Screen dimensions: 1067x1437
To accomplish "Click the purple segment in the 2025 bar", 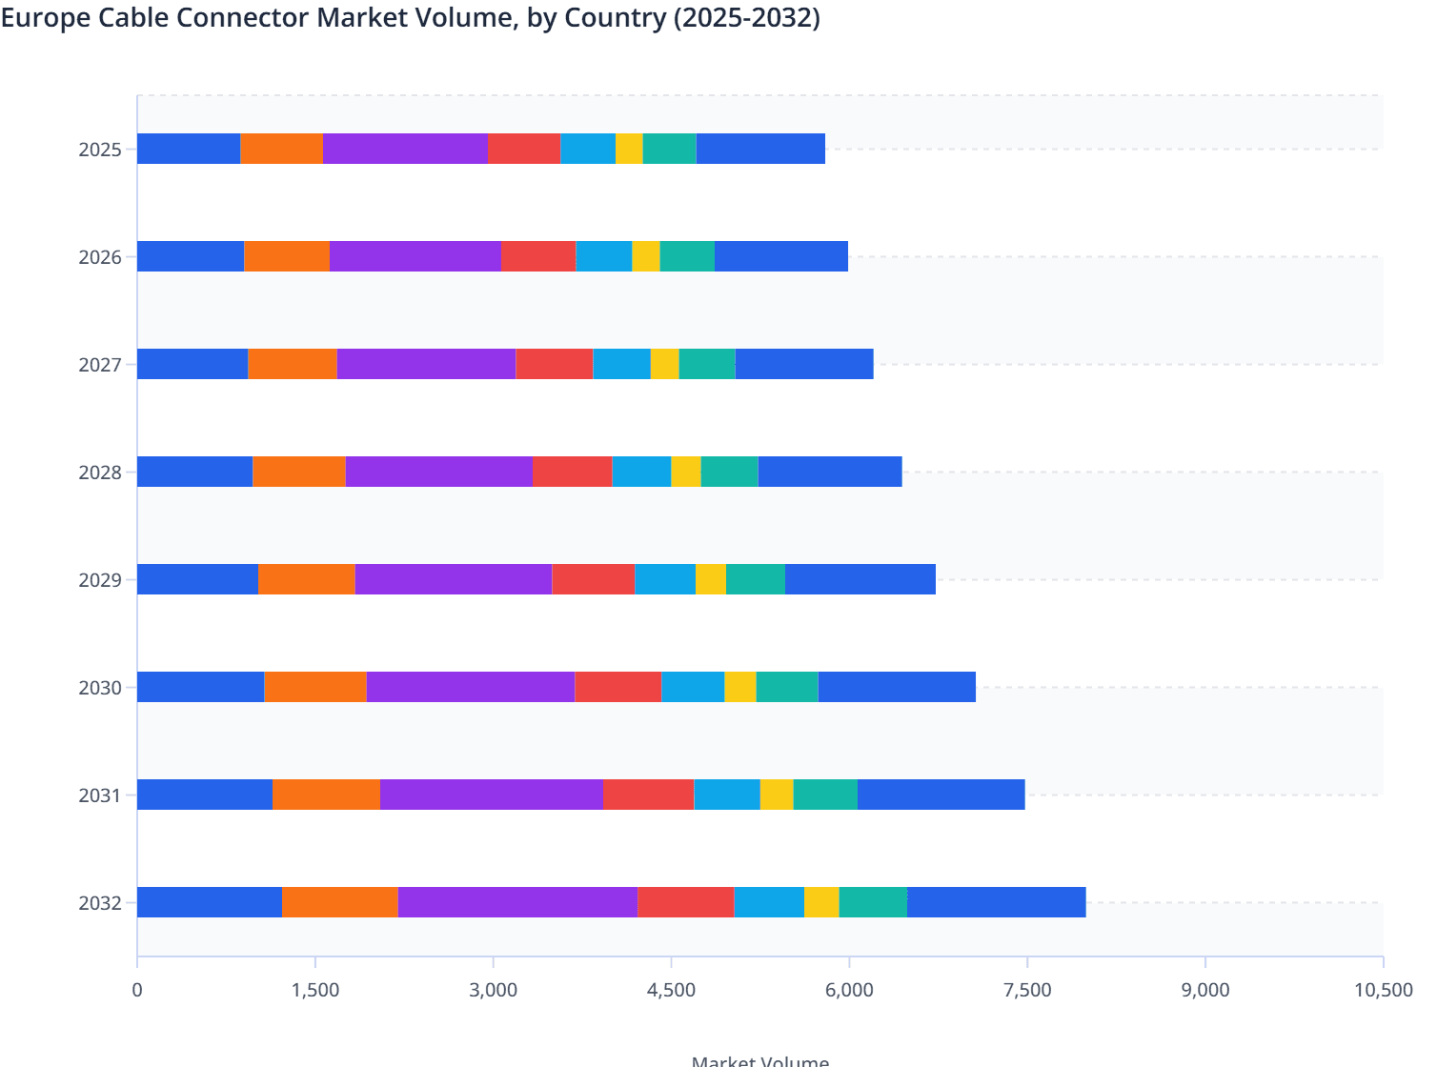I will point(405,149).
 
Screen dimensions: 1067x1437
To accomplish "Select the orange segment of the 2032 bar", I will point(339,902).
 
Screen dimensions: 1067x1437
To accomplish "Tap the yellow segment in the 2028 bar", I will point(686,472).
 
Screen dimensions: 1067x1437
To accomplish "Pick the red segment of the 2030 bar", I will point(617,687).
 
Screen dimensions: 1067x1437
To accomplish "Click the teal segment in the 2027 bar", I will point(707,364).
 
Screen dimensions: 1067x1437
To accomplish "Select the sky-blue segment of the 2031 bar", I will point(727,795).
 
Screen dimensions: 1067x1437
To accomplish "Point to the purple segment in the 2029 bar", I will point(454,579).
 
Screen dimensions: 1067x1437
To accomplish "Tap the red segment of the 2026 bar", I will point(538,256).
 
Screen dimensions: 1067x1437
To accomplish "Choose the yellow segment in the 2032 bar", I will point(821,902).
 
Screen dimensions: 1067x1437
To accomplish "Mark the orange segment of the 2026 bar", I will point(287,256).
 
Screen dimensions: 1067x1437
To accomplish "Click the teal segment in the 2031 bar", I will point(825,795).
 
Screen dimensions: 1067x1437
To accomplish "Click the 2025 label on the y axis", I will point(100,150).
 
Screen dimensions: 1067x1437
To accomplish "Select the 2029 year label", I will point(100,580).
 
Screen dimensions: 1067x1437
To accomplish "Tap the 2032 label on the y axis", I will point(100,903).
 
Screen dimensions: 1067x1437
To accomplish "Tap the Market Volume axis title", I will point(759,1060).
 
